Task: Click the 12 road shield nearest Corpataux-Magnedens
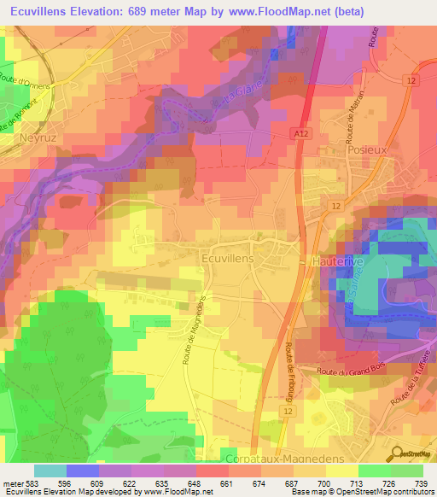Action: [x=285, y=411]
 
